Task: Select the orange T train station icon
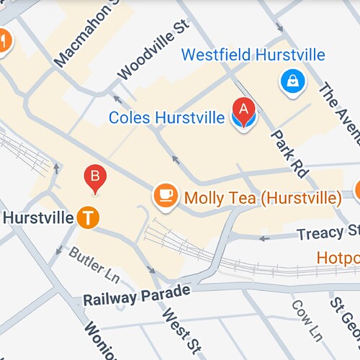[x=88, y=217]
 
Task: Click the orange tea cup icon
[x=166, y=195]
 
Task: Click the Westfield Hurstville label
[x=253, y=55]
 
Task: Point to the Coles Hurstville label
[x=166, y=117]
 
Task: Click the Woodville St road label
[x=152, y=50]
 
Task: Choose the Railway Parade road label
[x=136, y=294]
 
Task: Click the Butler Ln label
[x=94, y=264]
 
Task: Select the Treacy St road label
[x=328, y=232]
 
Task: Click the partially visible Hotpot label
[x=338, y=257]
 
